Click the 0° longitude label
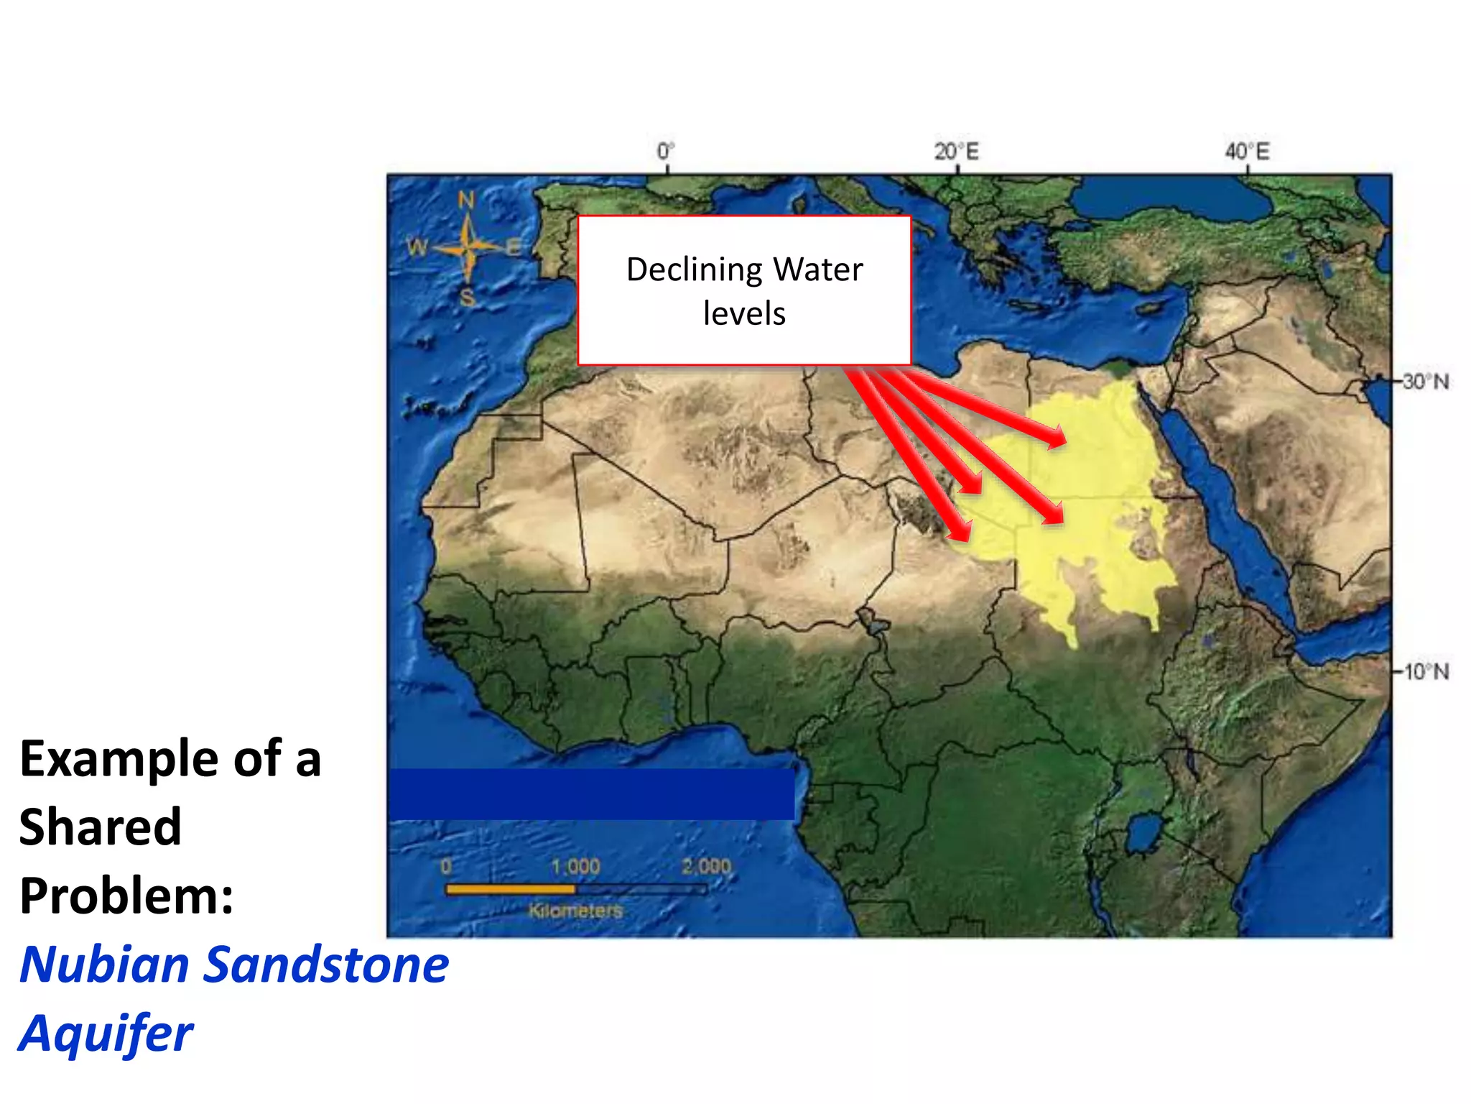[x=666, y=152]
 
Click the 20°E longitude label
[x=956, y=152]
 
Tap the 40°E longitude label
[x=1247, y=152]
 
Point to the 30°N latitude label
[x=1426, y=381]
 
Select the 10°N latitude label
[x=1426, y=672]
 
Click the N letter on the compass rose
[x=466, y=200]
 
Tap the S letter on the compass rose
[x=468, y=297]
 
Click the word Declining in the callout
[x=684, y=270]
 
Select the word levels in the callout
[x=744, y=313]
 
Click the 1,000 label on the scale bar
[x=575, y=866]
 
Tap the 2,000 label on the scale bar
[x=706, y=866]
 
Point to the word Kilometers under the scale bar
[x=575, y=911]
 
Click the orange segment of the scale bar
[x=510, y=889]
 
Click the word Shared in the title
[x=101, y=827]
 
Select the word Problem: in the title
[x=127, y=896]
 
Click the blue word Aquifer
[x=106, y=1033]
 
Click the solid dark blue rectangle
[x=591, y=794]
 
